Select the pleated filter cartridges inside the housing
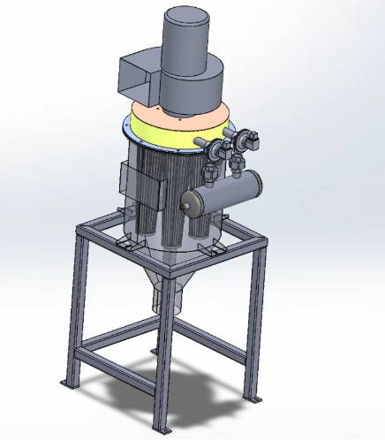(168, 194)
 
